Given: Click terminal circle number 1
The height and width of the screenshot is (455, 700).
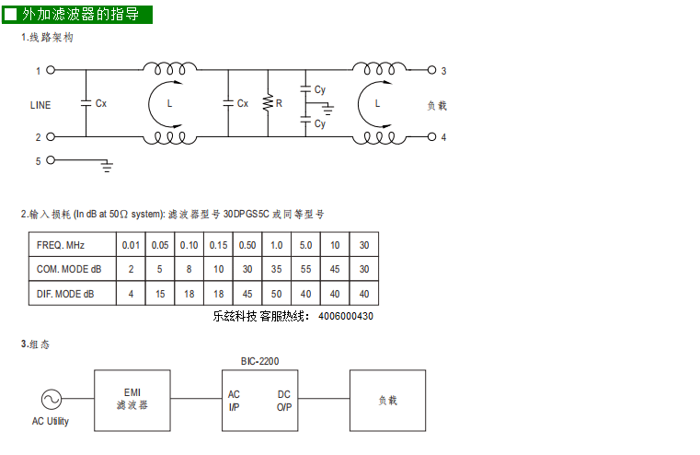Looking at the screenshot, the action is coord(51,70).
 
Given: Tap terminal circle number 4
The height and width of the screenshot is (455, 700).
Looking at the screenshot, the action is coord(431,136).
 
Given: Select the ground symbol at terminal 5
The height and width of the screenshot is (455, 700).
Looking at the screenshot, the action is coord(107,166).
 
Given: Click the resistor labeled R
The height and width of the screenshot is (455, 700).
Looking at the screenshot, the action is coord(268,103).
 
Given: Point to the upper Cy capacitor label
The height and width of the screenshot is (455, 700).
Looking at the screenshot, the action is coord(320,89).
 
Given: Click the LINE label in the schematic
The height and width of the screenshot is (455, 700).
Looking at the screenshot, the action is coord(40,105).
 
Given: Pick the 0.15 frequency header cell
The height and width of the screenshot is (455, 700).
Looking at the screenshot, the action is coord(218,245).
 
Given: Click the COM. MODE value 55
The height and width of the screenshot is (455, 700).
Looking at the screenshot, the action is coord(305,269).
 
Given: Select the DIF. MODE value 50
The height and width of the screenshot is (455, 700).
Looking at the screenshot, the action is coord(276,294).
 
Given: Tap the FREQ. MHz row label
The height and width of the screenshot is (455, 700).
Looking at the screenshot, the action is coord(61,245).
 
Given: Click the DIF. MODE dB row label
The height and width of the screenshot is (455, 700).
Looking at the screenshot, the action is coord(65,294).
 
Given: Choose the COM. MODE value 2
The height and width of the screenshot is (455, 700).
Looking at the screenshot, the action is coord(131,269).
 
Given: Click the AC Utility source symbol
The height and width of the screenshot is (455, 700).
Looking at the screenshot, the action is coord(52,399).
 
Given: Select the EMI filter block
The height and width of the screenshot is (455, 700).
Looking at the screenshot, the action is coord(132,401).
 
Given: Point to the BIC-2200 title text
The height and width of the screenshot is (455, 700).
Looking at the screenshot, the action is coord(259,361).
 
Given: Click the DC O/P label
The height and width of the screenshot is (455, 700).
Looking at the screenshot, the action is coord(284,401).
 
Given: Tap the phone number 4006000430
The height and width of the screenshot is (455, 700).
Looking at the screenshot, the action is coord(346,316).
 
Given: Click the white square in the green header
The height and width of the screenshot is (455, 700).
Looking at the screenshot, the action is coord(10,15).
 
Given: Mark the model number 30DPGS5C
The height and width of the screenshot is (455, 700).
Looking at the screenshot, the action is coord(246,214).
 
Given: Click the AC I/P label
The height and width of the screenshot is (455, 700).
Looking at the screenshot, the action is coord(234,401).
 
